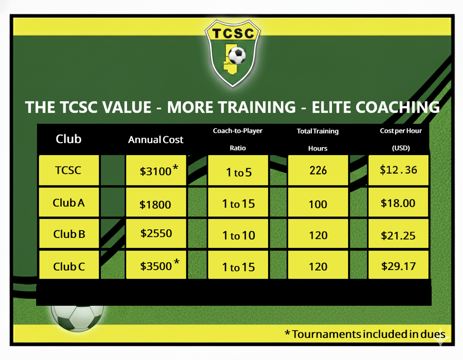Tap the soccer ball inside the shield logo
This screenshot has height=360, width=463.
point(237,55)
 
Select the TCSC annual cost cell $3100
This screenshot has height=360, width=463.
point(156,171)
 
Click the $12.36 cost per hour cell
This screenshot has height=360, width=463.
point(398,171)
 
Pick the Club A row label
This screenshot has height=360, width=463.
point(69,203)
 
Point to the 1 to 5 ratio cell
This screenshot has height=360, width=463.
point(238,171)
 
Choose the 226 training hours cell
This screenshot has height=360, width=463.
point(318,171)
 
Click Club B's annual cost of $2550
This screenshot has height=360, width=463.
point(156,233)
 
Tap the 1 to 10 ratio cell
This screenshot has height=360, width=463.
point(238,233)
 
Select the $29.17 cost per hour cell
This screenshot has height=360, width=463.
point(398,265)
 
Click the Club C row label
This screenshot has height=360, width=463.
point(69,265)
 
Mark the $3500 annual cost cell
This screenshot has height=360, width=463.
point(156,265)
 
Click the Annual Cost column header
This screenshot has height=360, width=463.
point(156,139)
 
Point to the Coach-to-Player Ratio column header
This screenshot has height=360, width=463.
point(238,139)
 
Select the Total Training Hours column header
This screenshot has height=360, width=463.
point(318,139)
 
